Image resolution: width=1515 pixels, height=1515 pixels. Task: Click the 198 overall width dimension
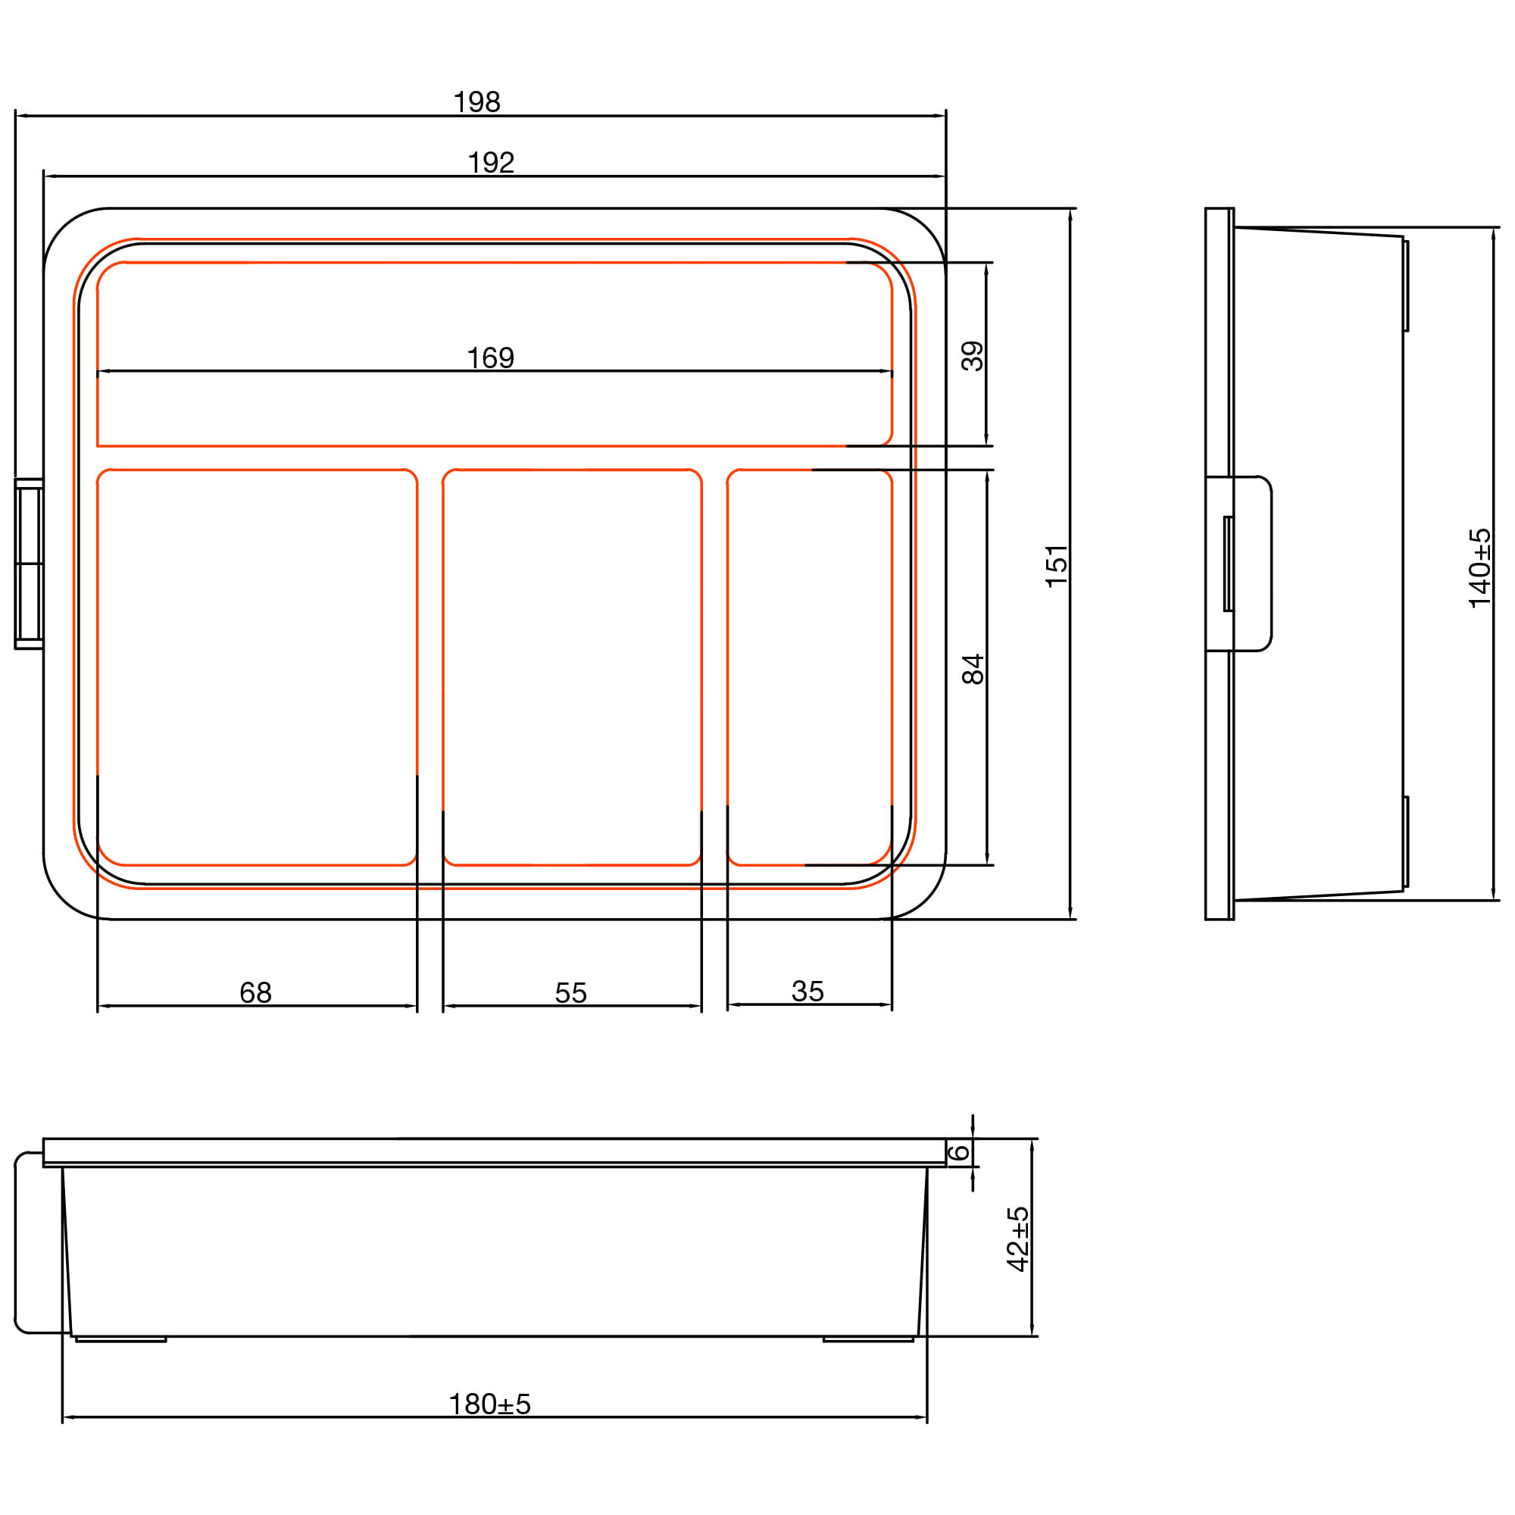tap(476, 102)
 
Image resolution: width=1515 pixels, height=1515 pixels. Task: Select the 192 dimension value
tap(491, 162)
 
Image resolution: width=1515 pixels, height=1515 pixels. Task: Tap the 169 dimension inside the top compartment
tap(490, 358)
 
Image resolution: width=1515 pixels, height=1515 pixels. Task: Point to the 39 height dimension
tap(973, 355)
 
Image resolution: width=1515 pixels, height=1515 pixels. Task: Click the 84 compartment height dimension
tap(973, 669)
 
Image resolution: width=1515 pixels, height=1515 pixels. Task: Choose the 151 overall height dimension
tap(1057, 564)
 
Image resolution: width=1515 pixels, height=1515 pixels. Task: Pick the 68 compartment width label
tap(255, 993)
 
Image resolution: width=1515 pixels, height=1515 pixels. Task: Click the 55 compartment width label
tap(571, 993)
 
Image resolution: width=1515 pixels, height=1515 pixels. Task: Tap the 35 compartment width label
tap(807, 991)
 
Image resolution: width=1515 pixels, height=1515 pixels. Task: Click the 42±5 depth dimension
tap(1018, 1239)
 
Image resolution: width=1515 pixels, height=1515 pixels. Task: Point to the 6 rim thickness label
tap(960, 1152)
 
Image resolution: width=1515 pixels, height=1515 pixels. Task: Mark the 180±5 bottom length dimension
tap(490, 1404)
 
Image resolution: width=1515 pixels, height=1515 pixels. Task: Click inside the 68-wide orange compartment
tap(258, 667)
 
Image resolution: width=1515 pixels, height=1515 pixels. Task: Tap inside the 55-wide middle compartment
tap(572, 667)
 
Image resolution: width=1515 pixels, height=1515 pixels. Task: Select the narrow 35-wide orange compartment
tap(809, 667)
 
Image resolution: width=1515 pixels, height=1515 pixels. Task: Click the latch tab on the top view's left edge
tap(29, 564)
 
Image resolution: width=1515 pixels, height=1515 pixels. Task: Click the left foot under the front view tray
tap(120, 1339)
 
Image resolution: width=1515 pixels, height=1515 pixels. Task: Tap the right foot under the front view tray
tap(868, 1339)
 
